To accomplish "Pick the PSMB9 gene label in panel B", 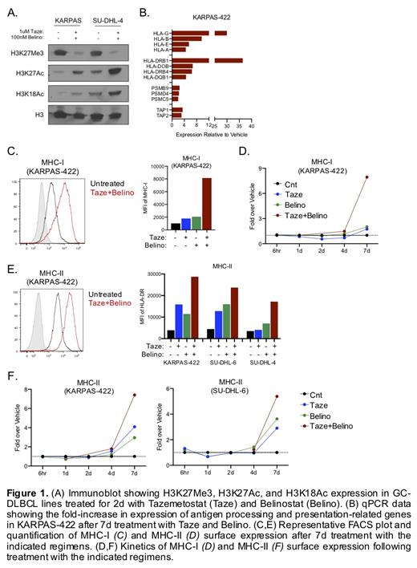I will pyautogui.click(x=160, y=88).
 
